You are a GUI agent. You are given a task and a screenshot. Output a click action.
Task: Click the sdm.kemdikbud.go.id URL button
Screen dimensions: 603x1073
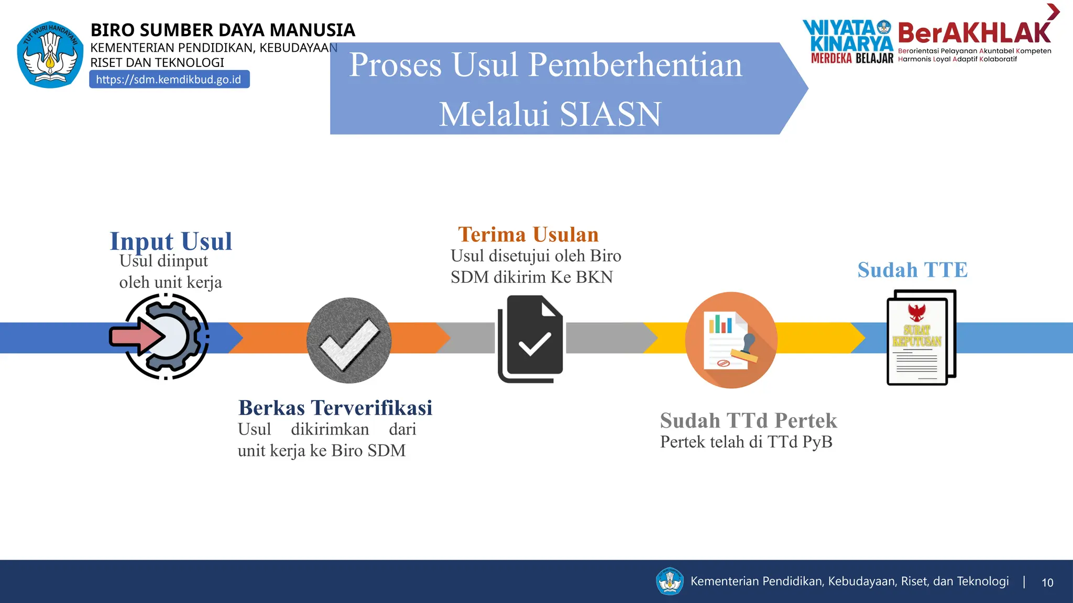(169, 80)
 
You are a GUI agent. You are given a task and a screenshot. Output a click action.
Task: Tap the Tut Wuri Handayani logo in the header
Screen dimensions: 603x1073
(50, 54)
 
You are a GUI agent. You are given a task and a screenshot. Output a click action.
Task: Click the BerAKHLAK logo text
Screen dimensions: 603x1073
(974, 33)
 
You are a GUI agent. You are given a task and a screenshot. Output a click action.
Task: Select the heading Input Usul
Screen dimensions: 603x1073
(171, 241)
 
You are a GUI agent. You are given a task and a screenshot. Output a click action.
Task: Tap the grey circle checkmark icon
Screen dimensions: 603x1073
(349, 340)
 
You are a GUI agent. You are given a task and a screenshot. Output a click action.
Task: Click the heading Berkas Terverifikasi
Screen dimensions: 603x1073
(335, 408)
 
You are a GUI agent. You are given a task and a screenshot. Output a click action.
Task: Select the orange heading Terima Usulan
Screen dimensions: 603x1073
(528, 234)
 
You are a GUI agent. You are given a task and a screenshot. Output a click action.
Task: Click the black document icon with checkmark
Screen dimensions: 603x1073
(530, 339)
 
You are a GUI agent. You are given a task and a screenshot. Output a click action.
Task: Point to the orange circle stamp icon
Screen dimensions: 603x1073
(731, 340)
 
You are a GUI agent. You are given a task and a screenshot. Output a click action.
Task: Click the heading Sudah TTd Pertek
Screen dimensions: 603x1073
(748, 420)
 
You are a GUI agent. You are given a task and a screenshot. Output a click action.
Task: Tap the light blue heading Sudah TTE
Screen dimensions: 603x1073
(912, 270)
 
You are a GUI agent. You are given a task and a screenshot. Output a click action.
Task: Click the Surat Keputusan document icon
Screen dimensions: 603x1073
(921, 338)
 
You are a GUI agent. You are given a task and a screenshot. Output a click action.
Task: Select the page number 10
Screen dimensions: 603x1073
(1047, 583)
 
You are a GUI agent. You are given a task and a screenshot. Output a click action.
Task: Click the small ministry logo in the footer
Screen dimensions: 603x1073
(670, 581)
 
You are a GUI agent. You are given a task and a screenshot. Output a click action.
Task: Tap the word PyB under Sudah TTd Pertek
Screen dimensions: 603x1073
(817, 442)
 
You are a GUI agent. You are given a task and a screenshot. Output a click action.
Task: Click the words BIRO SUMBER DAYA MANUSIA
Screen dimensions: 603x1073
(223, 30)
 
